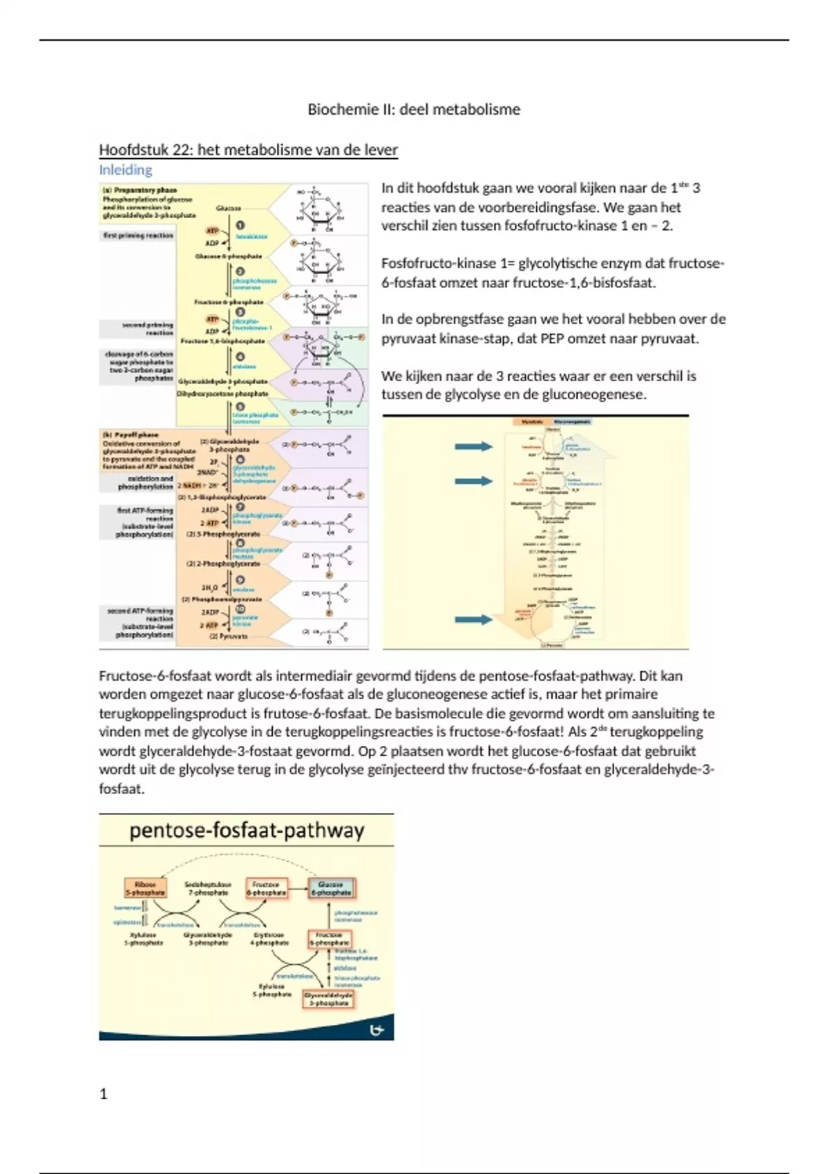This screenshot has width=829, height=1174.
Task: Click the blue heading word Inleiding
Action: click(125, 170)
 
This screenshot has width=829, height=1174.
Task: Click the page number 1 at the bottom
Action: click(104, 1094)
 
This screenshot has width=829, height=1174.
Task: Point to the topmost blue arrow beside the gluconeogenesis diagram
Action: click(473, 447)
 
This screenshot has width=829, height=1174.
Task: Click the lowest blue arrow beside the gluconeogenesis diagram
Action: click(473, 619)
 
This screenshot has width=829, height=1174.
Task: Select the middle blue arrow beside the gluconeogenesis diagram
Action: click(473, 481)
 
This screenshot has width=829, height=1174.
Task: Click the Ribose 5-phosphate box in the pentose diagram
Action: click(145, 888)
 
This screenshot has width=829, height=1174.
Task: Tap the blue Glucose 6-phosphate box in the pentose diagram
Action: click(331, 888)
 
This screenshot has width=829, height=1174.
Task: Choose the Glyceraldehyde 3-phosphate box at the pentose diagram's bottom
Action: click(328, 999)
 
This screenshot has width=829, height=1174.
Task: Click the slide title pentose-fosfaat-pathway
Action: click(247, 830)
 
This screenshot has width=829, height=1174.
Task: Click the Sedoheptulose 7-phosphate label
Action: click(208, 888)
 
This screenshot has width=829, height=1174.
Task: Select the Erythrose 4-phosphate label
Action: click(269, 939)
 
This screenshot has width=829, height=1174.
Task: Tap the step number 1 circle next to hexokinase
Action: click(240, 225)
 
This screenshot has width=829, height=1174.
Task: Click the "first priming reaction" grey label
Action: click(137, 235)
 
